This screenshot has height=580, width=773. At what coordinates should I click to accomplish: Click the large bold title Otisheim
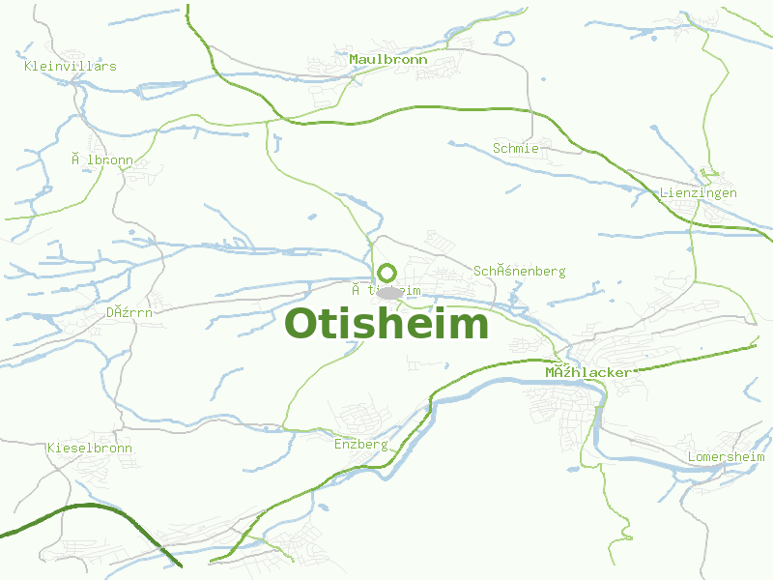(x=386, y=324)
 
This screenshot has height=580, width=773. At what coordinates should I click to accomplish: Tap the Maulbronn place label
(x=387, y=60)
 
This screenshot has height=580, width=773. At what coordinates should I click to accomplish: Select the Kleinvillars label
(x=70, y=66)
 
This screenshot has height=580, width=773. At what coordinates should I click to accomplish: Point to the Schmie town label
(x=515, y=148)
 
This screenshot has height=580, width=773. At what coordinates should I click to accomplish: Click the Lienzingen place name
(x=698, y=192)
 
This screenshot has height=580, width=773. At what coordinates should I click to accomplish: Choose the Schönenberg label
(x=519, y=272)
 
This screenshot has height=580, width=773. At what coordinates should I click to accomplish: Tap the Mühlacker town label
(x=587, y=372)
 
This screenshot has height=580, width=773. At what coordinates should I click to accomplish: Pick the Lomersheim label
(x=726, y=456)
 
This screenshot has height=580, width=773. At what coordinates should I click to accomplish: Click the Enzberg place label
(x=360, y=445)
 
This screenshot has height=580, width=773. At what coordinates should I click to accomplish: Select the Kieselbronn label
(x=89, y=449)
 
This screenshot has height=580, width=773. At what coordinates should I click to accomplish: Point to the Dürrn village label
(x=129, y=312)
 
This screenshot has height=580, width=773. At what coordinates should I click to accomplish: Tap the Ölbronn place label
(x=101, y=159)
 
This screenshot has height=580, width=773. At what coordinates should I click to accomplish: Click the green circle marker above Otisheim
(x=386, y=273)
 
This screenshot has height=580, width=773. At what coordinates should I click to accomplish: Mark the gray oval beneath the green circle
(x=389, y=292)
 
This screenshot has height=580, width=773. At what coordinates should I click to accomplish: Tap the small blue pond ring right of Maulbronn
(x=503, y=39)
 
